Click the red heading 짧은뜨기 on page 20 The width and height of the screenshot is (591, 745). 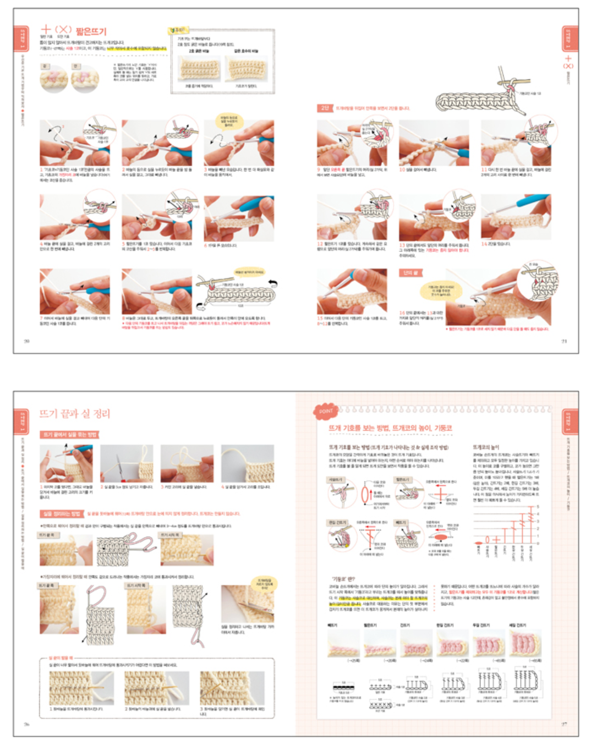click(x=91, y=31)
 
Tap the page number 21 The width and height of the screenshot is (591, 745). click(x=564, y=341)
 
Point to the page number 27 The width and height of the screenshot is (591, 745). click(x=564, y=724)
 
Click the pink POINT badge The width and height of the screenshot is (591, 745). click(x=326, y=411)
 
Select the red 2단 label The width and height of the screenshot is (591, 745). click(x=325, y=108)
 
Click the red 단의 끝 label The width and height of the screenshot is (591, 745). click(x=409, y=273)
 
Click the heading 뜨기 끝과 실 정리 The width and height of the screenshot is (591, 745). click(x=75, y=414)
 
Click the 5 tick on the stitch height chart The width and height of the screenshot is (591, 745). click(x=538, y=506)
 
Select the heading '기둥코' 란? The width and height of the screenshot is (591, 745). click(x=343, y=579)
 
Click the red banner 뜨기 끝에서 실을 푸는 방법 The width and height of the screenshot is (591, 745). click(x=69, y=435)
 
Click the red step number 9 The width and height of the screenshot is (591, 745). click(x=319, y=170)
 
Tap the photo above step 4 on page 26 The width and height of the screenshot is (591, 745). click(x=247, y=464)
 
